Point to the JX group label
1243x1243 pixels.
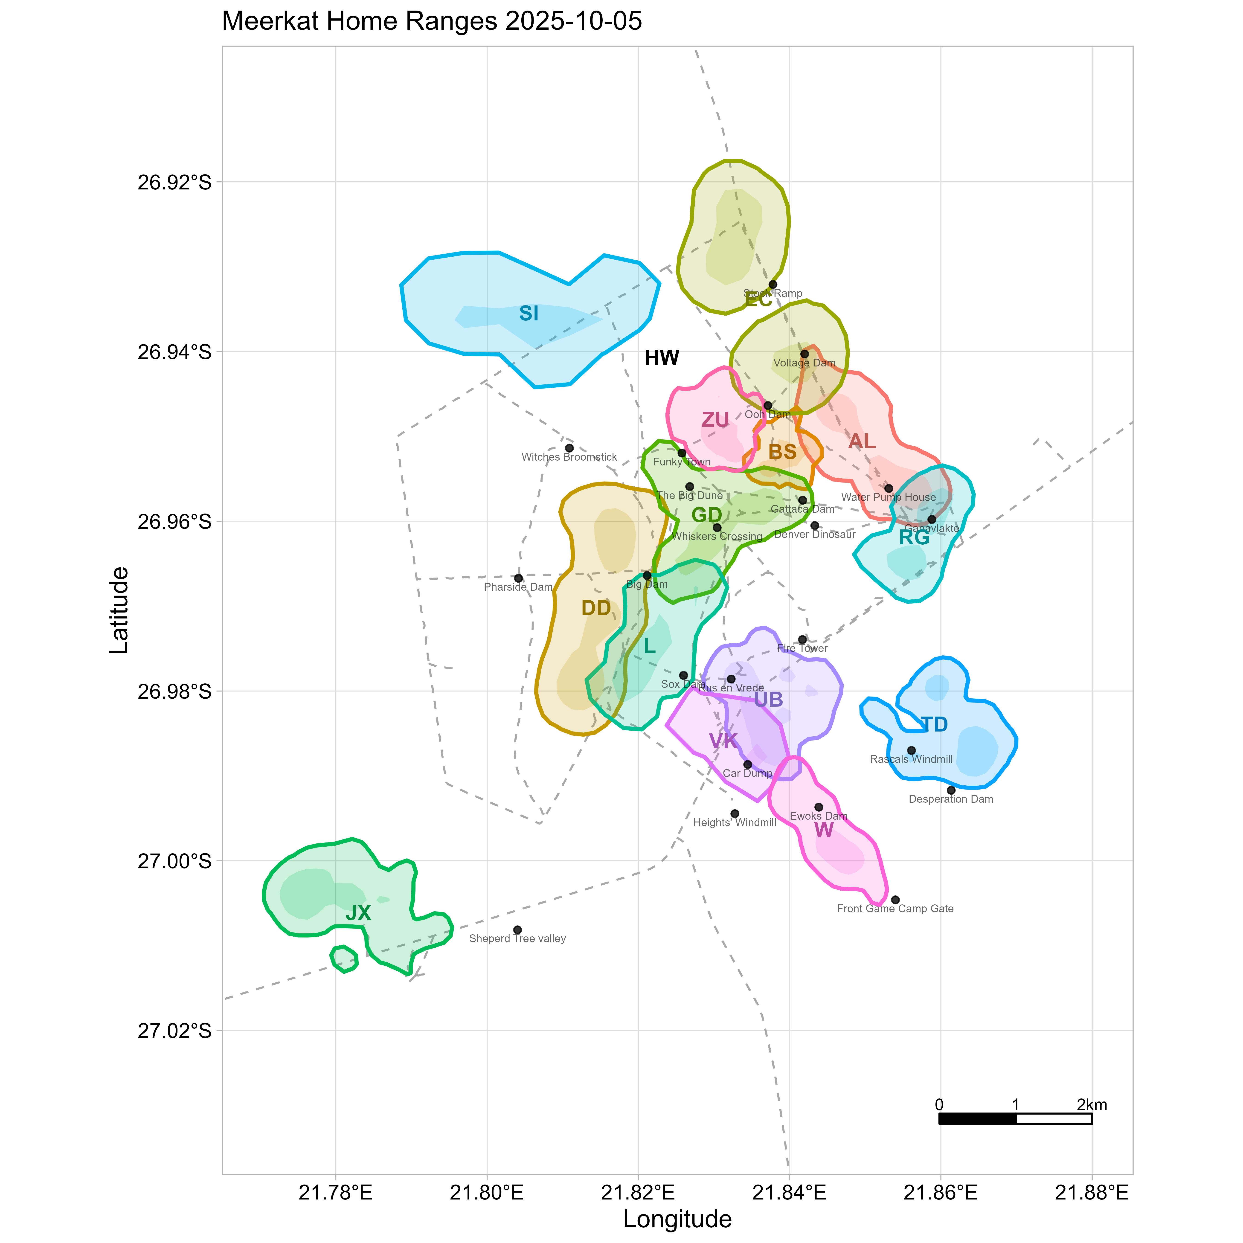pos(358,913)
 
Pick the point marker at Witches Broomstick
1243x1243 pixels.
pos(569,448)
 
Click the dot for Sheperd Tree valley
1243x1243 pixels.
pos(517,930)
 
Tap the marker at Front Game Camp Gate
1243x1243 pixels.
pos(895,899)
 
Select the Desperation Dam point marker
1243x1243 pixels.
pos(951,790)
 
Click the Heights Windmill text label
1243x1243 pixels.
pos(735,823)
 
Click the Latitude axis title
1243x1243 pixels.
pos(120,610)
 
